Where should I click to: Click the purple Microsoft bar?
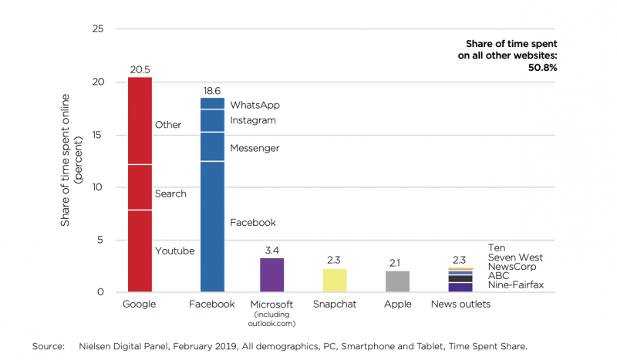pyautogui.click(x=271, y=274)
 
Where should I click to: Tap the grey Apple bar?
pyautogui.click(x=397, y=281)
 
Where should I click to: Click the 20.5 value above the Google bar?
pyautogui.click(x=140, y=70)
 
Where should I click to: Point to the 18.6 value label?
pyautogui.click(x=212, y=90)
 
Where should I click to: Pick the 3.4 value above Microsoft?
pyautogui.click(x=271, y=250)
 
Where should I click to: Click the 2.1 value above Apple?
pyautogui.click(x=397, y=262)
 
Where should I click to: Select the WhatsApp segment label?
pyautogui.click(x=255, y=104)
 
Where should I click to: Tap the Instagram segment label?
pyautogui.click(x=253, y=120)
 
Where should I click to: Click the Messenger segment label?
pyautogui.click(x=255, y=147)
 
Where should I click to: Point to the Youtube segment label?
pyautogui.click(x=174, y=251)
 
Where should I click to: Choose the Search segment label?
pyautogui.click(x=170, y=193)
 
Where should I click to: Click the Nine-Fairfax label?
pyautogui.click(x=516, y=285)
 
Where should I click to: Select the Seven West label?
pyautogui.click(x=515, y=257)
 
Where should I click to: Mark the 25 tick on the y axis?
pyautogui.click(x=97, y=29)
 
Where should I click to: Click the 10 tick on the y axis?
pyautogui.click(x=97, y=187)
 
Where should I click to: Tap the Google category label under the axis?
pyautogui.click(x=139, y=304)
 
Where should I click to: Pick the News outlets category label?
pyautogui.click(x=460, y=304)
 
